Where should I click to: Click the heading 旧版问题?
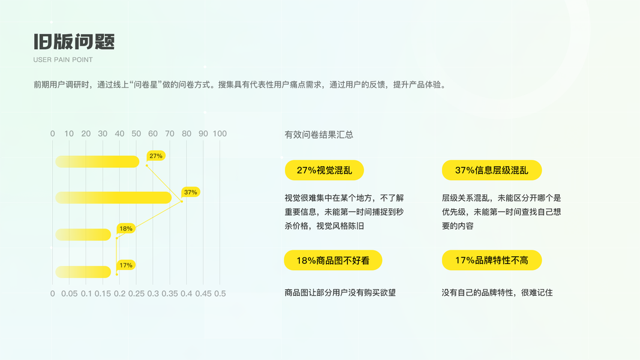click(x=74, y=42)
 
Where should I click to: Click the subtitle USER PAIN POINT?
click(x=63, y=60)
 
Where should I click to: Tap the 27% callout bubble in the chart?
click(x=156, y=156)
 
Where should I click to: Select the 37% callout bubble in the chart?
click(x=191, y=193)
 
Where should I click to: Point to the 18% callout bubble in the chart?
click(x=125, y=229)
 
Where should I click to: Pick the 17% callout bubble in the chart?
click(x=125, y=265)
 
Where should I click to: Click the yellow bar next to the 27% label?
click(x=97, y=161)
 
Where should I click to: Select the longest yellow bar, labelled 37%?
click(x=113, y=197)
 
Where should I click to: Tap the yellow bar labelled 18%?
click(x=83, y=235)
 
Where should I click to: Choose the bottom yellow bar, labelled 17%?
click(x=83, y=272)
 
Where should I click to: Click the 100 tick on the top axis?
click(x=220, y=134)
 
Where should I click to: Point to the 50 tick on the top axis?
click(x=136, y=134)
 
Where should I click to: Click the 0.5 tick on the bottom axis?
click(x=220, y=293)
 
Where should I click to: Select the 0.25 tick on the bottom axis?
click(x=136, y=293)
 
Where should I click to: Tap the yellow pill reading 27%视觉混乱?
click(x=324, y=170)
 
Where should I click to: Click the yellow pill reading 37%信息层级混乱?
click(x=492, y=170)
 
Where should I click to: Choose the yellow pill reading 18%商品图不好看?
click(x=333, y=260)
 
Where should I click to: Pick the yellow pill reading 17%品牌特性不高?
click(x=492, y=260)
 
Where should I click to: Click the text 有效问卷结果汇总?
click(x=319, y=135)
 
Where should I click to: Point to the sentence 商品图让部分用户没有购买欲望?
click(x=340, y=293)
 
